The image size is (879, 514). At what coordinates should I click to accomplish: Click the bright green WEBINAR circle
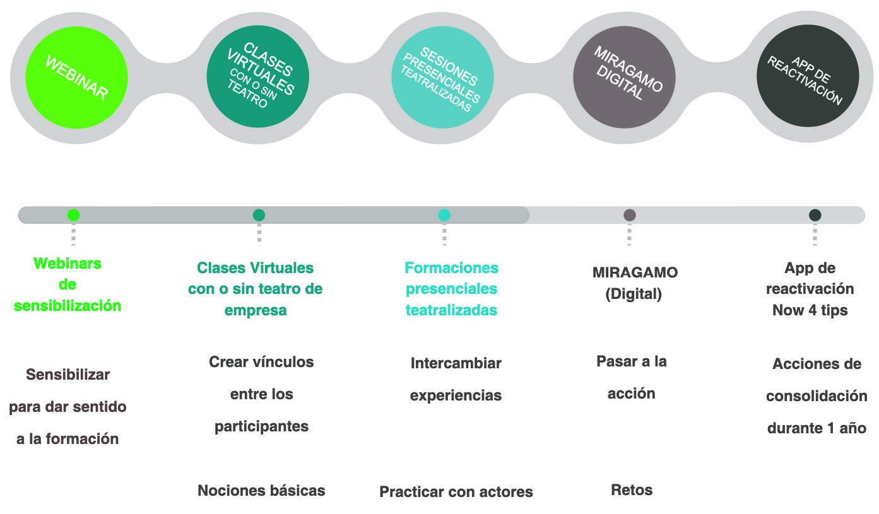coord(76,78)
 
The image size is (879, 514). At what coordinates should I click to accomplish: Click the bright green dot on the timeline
coord(73,215)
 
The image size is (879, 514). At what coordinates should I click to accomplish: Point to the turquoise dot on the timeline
coord(444,215)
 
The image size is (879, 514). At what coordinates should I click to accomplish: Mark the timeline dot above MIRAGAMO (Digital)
coord(629,215)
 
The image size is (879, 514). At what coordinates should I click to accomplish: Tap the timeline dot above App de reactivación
coord(815,215)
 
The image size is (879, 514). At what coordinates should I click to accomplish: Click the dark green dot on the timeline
coord(259,215)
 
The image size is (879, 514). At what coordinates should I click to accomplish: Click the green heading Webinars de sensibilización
coord(68,284)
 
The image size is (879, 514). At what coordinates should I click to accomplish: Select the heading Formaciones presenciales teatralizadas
coord(451,289)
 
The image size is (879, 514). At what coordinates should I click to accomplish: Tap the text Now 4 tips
coord(810,310)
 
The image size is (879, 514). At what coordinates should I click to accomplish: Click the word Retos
coord(632,490)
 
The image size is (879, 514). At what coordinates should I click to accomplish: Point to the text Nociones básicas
coord(261,491)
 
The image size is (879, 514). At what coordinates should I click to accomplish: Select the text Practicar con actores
coord(456,492)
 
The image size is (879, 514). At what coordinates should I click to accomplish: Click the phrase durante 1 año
coord(817,428)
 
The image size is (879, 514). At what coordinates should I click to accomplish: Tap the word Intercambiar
coord(456,363)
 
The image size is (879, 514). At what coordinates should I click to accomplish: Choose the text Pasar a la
coord(632,361)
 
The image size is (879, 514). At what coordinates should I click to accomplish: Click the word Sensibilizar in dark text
coord(68,375)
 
